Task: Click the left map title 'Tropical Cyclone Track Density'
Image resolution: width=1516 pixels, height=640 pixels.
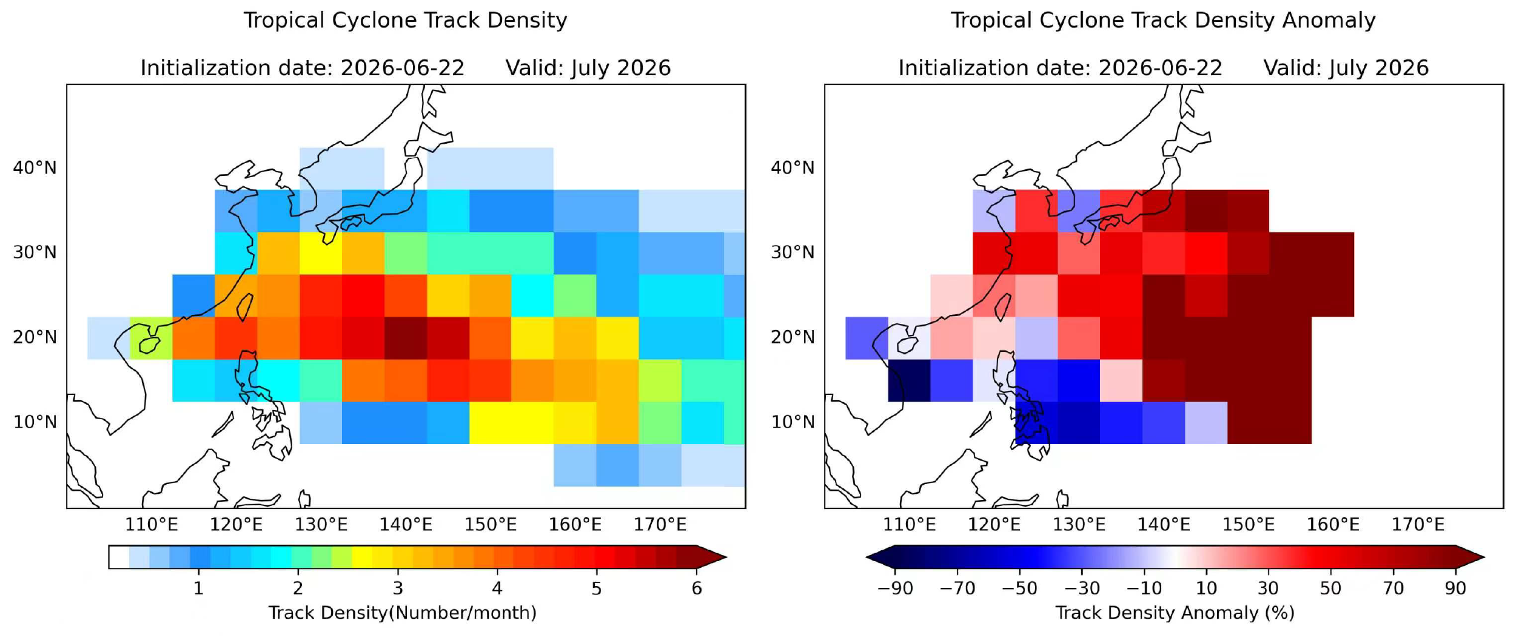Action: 405,21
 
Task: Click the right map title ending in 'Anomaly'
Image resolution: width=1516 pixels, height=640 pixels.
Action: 1162,21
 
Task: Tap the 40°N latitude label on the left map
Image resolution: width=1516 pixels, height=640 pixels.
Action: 35,167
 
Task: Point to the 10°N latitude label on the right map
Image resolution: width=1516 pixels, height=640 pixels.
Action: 793,422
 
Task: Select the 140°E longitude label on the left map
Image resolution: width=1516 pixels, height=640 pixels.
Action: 406,524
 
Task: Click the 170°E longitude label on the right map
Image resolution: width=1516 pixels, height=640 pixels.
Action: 1418,524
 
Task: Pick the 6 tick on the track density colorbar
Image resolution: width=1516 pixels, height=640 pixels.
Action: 697,588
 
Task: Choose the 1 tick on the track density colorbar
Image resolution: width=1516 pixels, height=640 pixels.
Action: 198,588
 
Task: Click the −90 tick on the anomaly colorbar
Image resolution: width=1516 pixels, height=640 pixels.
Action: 895,588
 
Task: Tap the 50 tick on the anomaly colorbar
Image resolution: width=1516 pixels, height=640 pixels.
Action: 1330,588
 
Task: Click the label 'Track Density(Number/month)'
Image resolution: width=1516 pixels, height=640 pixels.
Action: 402,613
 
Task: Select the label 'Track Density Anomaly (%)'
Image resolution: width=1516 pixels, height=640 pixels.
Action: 1175,613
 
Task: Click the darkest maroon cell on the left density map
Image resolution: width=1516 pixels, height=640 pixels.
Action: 406,338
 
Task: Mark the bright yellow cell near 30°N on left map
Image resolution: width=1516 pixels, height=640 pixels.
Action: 321,253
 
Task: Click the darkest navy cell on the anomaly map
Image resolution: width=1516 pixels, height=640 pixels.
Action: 909,380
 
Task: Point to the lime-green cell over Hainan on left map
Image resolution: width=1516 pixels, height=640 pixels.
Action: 151,338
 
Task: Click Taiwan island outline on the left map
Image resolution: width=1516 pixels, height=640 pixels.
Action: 244,307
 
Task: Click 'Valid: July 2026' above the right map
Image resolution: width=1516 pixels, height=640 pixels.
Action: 1346,67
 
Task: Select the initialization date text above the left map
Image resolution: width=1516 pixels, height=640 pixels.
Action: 302,67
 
